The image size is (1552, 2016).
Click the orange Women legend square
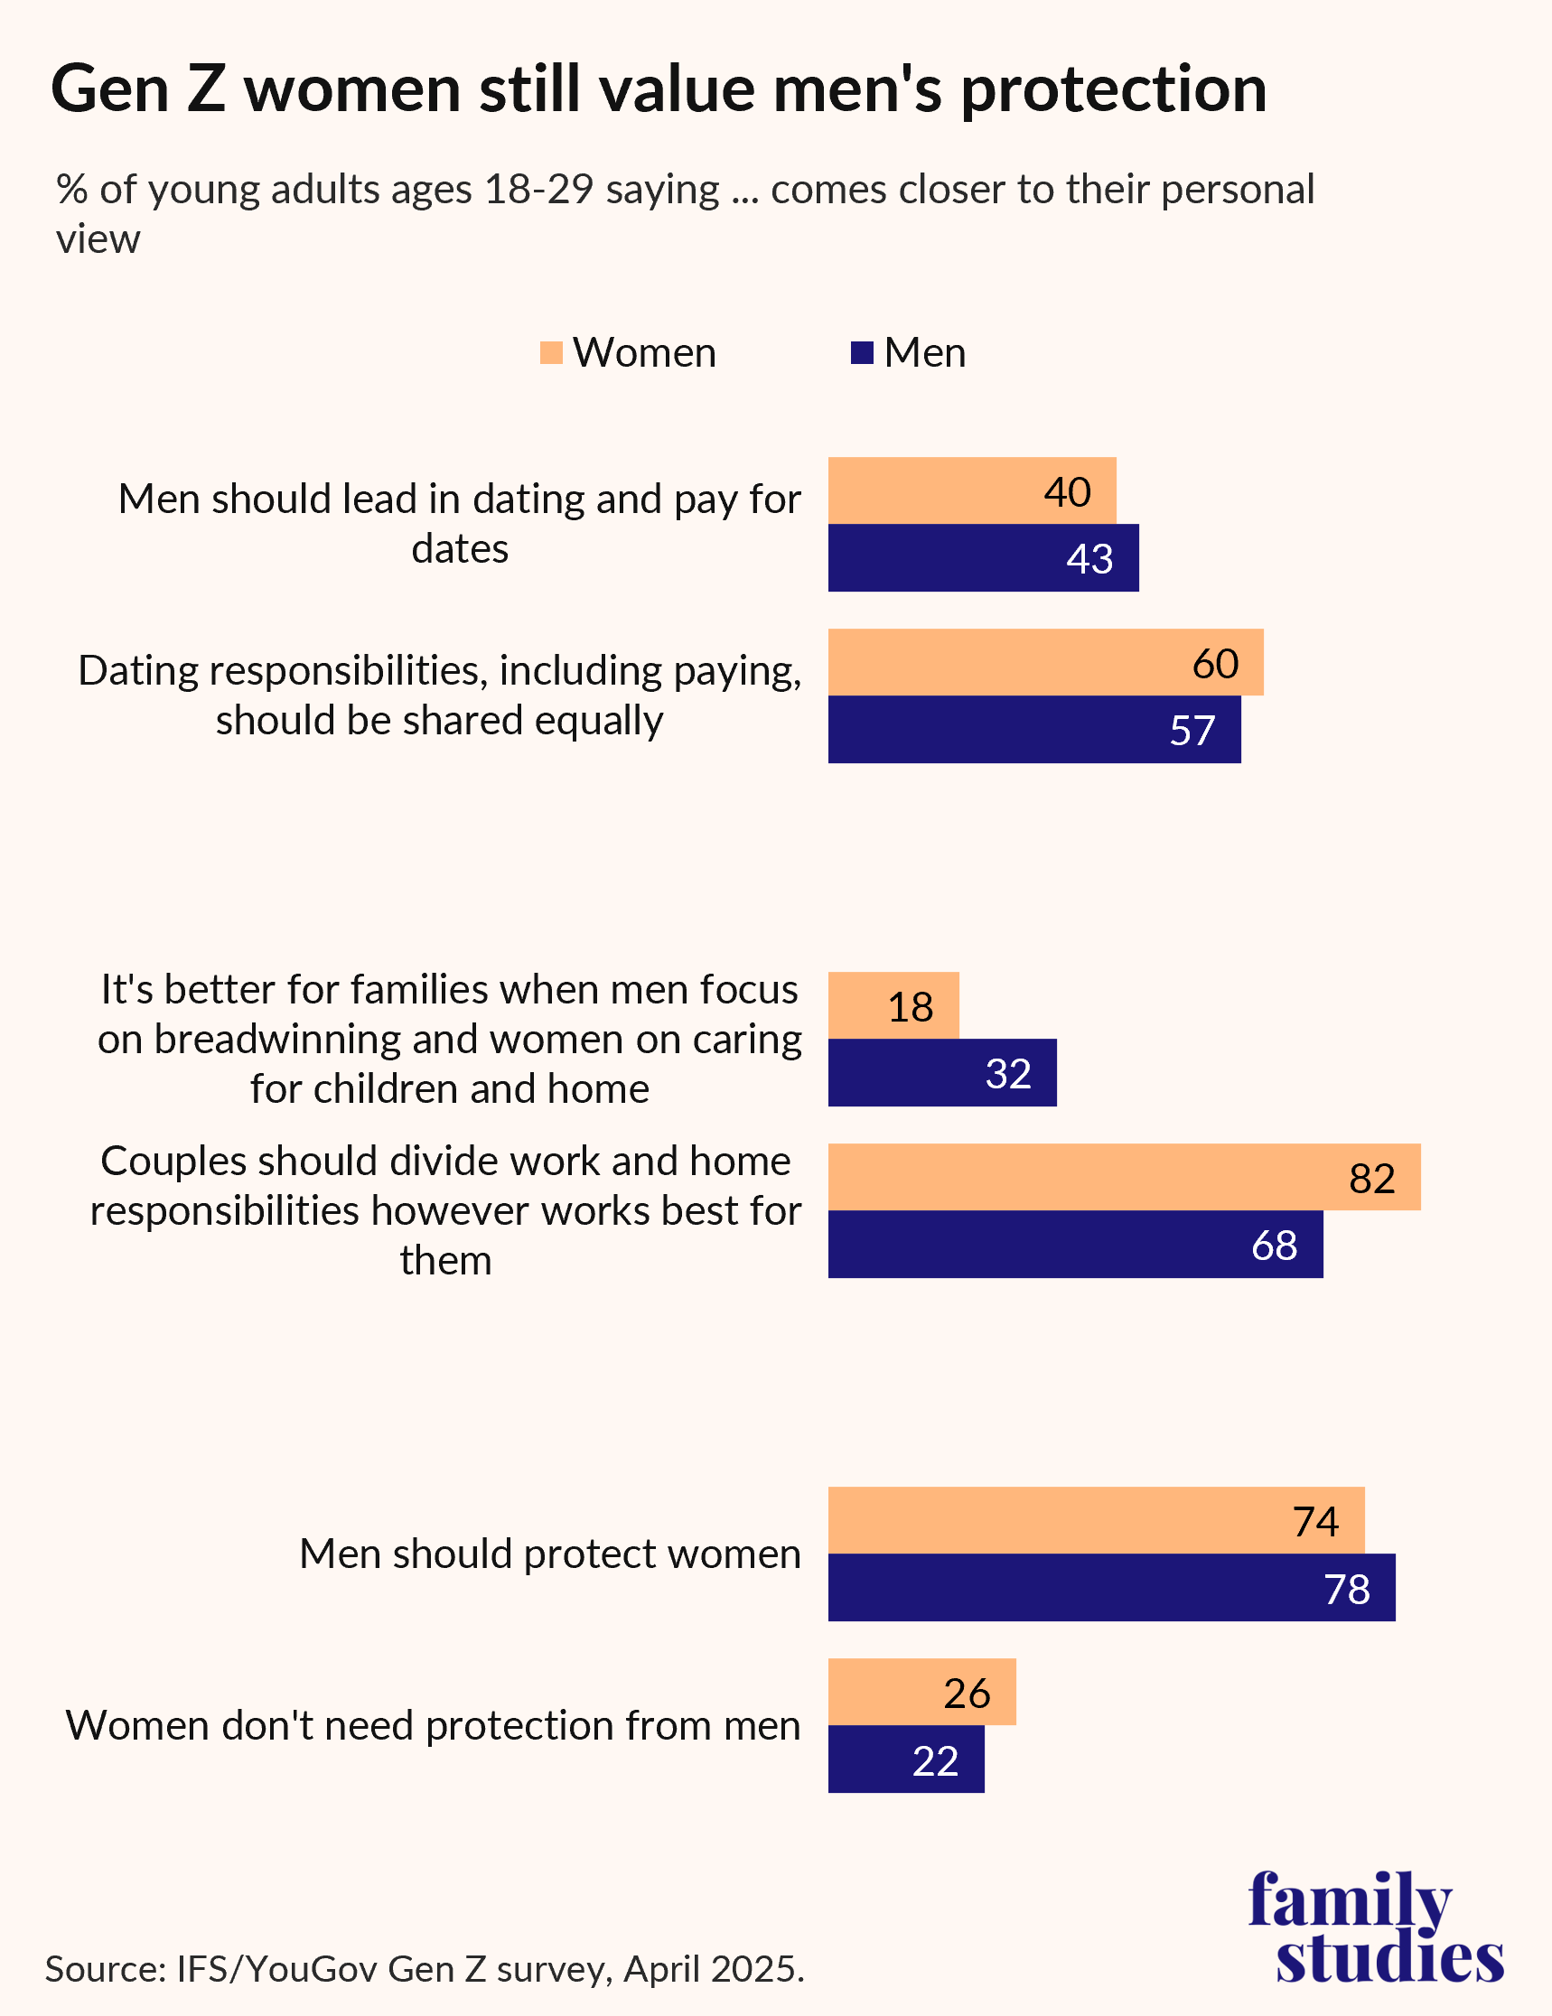tap(551, 352)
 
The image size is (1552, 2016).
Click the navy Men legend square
tap(862, 352)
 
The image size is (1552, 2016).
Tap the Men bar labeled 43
tap(982, 557)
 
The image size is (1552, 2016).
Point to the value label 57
tap(1192, 730)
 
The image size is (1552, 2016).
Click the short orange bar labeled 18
tap(892, 1005)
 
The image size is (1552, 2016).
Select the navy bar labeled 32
tap(940, 1073)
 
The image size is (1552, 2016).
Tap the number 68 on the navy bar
tap(1274, 1246)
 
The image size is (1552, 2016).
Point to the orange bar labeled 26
tap(921, 1692)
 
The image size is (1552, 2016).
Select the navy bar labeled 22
tap(905, 1759)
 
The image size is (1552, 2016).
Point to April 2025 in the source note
tap(711, 1969)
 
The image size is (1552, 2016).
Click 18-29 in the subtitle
tap(538, 190)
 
